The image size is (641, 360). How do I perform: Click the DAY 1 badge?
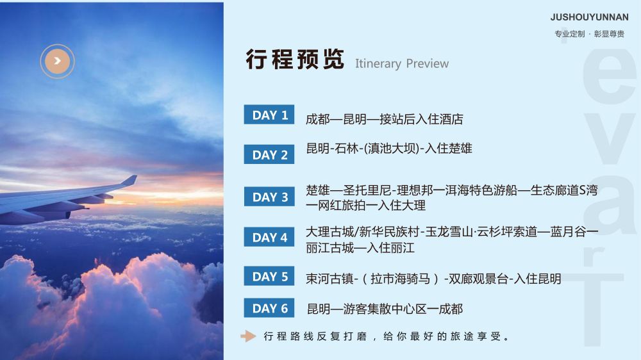pyautogui.click(x=269, y=115)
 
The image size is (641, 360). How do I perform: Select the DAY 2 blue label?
pyautogui.click(x=269, y=154)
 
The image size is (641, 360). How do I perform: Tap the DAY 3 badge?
pyautogui.click(x=269, y=197)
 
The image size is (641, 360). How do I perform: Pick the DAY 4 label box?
pyautogui.click(x=269, y=236)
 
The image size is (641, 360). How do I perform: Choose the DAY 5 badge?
pyautogui.click(x=269, y=276)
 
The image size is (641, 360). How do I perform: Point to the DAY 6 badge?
pyautogui.click(x=269, y=307)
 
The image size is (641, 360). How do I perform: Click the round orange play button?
pyautogui.click(x=57, y=61)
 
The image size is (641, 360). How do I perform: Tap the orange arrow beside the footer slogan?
pyautogui.click(x=248, y=336)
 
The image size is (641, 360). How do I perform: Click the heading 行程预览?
pyautogui.click(x=295, y=59)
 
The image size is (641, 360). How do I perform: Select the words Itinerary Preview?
pyautogui.click(x=401, y=64)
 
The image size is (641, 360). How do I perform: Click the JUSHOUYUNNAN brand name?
pyautogui.click(x=589, y=17)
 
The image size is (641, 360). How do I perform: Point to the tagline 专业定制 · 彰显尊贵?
pyautogui.click(x=589, y=34)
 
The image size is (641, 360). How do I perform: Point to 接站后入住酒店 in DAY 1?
pyautogui.click(x=421, y=119)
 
